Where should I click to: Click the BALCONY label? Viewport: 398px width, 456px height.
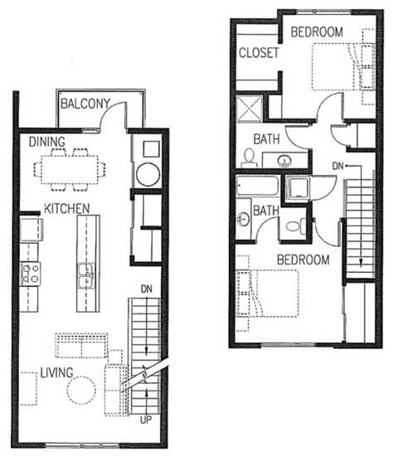[85, 104]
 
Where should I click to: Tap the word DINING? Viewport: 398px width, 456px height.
[47, 143]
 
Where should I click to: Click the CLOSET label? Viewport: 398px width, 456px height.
[258, 53]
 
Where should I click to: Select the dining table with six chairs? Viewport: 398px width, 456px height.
[70, 168]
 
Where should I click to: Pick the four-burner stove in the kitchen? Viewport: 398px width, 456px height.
[31, 273]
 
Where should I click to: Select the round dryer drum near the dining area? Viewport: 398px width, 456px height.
[148, 175]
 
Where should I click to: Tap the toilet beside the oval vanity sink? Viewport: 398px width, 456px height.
[248, 155]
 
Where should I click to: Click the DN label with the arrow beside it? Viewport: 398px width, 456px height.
[337, 165]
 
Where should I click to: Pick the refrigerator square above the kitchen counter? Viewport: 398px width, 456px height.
[30, 227]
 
